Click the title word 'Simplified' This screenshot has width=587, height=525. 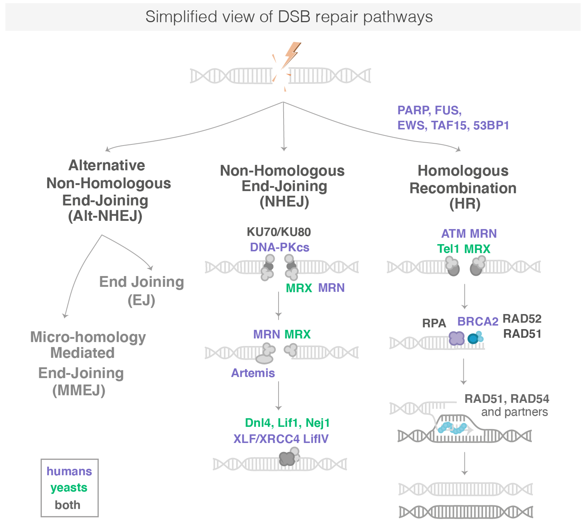[x=181, y=17]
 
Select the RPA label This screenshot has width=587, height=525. [x=434, y=323]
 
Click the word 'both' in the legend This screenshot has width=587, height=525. [x=68, y=505]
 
